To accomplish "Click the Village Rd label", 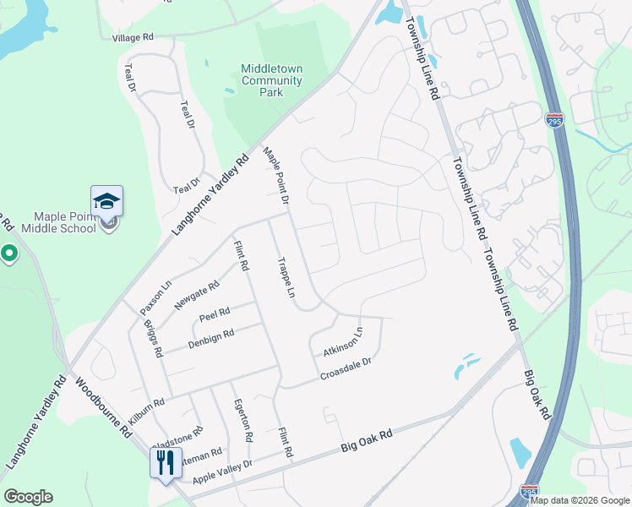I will pos(133,38).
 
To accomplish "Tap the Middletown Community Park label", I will pos(271,81).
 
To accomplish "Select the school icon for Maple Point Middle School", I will pos(107,201).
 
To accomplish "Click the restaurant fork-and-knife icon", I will pos(165,462).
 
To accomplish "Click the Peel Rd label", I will pos(215,315).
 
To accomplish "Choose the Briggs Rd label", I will pos(153,337).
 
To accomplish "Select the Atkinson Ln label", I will pos(342,341).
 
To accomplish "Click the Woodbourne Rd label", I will pos(103,407).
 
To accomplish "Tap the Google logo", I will pos(28,497).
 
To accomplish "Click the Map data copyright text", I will pos(580,500).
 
